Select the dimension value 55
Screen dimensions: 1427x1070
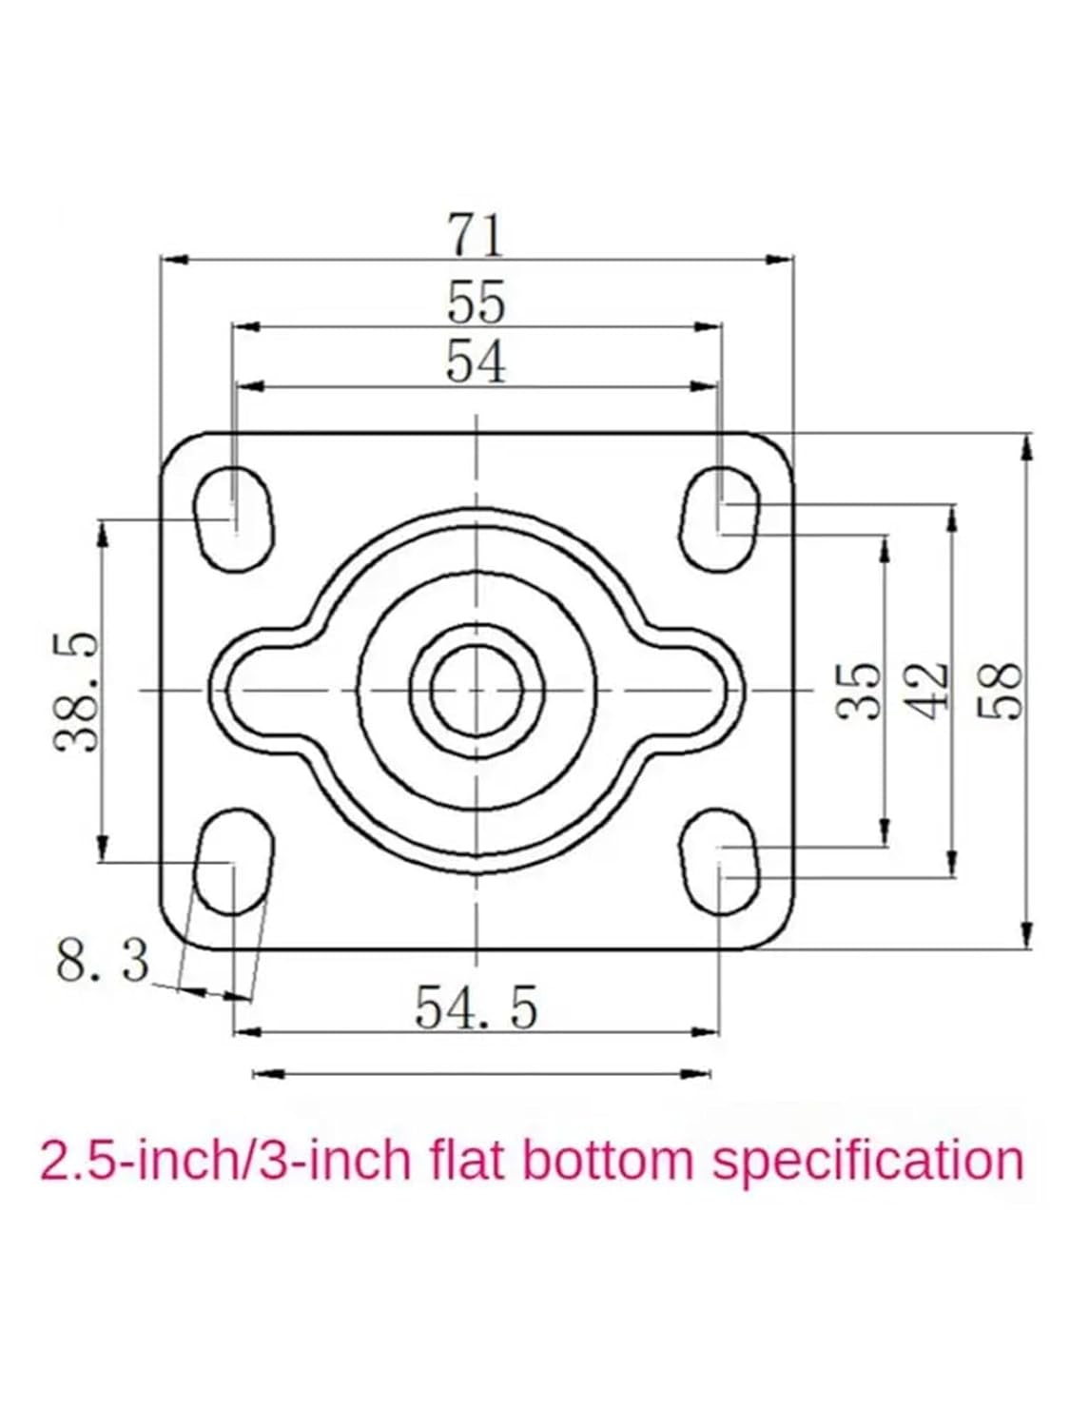click(x=476, y=303)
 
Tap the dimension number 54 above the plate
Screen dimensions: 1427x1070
click(x=476, y=362)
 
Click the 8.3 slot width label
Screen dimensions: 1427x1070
click(x=103, y=961)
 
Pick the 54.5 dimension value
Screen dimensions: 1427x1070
click(x=476, y=1007)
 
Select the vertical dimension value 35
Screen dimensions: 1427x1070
click(x=860, y=689)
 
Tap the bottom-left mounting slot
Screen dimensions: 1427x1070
click(x=234, y=860)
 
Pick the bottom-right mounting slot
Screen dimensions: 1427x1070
click(x=720, y=862)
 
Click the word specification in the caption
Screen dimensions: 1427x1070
click(x=867, y=1162)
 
